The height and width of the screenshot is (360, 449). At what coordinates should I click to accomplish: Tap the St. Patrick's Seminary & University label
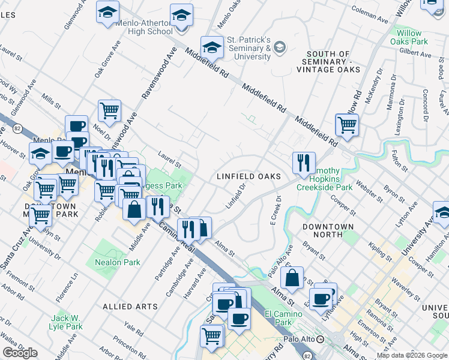(249, 48)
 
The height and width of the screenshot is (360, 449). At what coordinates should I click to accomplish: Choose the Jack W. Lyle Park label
(66, 322)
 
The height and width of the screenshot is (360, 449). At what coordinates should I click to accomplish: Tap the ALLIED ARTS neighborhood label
(130, 307)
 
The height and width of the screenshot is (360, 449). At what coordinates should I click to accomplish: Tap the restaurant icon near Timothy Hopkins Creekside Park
(304, 163)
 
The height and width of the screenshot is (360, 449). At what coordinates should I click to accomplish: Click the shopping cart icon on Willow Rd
(346, 125)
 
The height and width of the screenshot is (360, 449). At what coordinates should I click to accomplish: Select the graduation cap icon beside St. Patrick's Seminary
(211, 47)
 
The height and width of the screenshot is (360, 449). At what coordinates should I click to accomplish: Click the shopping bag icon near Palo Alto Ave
(292, 278)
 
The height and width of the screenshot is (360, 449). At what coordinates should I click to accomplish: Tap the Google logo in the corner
(20, 353)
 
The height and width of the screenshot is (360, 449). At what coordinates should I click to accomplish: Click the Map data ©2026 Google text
(411, 355)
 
